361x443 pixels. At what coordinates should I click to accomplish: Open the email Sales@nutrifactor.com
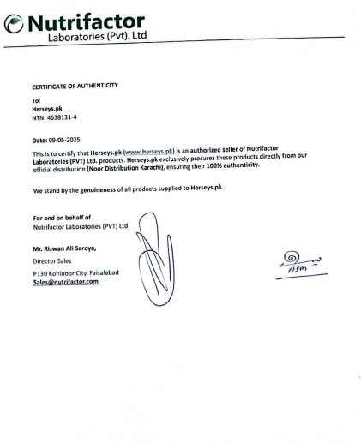(x=66, y=279)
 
